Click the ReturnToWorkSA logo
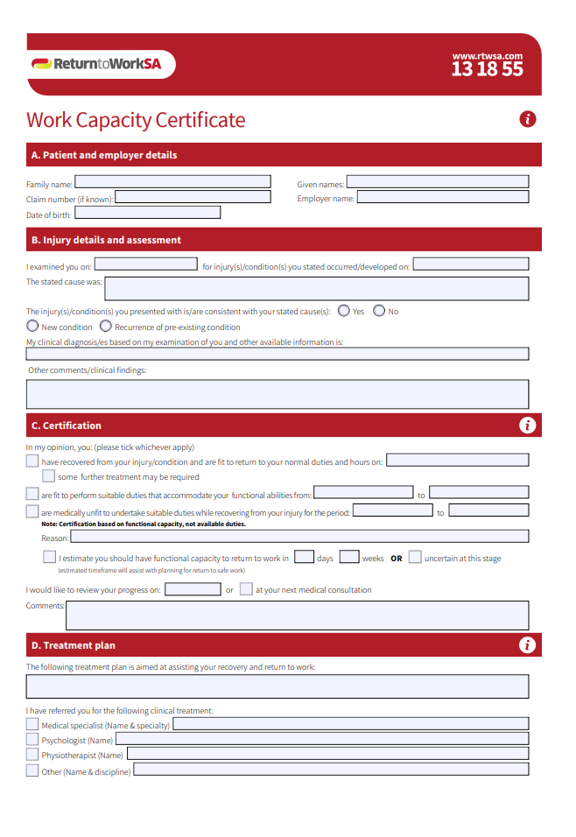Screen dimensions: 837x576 point(101,64)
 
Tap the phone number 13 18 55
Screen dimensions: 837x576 point(487,69)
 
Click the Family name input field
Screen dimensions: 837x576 point(172,182)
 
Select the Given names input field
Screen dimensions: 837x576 point(438,182)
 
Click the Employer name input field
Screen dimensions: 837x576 point(443,197)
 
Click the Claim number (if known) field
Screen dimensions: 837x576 point(193,197)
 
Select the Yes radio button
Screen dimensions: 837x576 point(343,311)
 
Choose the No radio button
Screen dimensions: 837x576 point(379,311)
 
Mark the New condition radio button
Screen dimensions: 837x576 point(32,326)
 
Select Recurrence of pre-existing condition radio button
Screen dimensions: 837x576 point(106,326)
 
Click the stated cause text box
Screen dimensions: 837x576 point(317,289)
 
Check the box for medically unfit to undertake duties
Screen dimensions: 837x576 point(32,511)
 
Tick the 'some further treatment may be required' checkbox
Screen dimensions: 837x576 point(49,476)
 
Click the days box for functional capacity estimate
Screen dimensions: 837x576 point(304,557)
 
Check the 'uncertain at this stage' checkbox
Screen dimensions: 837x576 point(415,557)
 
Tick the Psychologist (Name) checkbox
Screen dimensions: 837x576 point(32,740)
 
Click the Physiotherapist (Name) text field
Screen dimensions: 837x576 point(327,754)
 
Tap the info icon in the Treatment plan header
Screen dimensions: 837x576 point(527,645)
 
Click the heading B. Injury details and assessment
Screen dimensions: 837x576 point(106,240)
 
